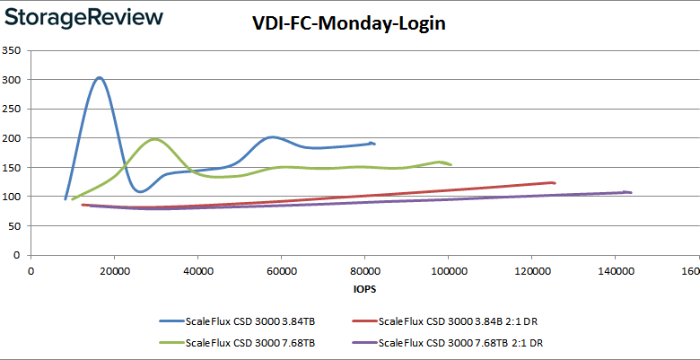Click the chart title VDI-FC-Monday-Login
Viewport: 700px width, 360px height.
tap(348, 23)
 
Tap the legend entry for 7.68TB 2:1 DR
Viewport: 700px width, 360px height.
tap(459, 342)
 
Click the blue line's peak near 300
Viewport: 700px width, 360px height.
tap(100, 77)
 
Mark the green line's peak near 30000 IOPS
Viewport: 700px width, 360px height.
tap(155, 139)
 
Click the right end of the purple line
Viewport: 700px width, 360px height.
tap(631, 192)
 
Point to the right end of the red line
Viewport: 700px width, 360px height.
tap(556, 183)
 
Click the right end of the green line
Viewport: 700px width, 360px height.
tap(451, 164)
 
